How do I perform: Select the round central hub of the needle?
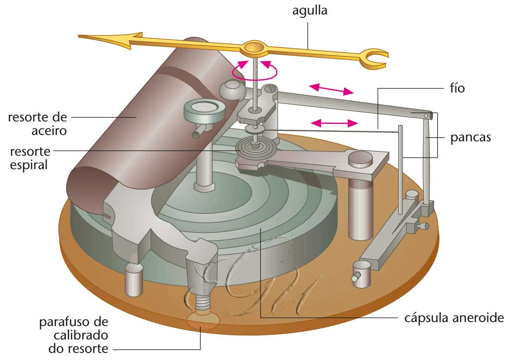[254, 48]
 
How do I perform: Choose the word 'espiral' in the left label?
[29, 164]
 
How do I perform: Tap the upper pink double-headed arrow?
[332, 90]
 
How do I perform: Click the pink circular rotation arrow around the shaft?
[254, 72]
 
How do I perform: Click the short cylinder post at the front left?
[133, 279]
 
